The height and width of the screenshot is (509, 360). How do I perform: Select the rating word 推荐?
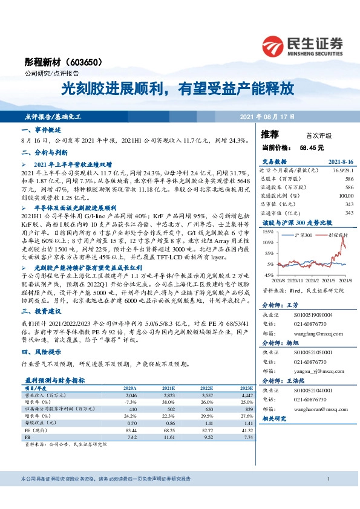(x=270, y=134)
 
